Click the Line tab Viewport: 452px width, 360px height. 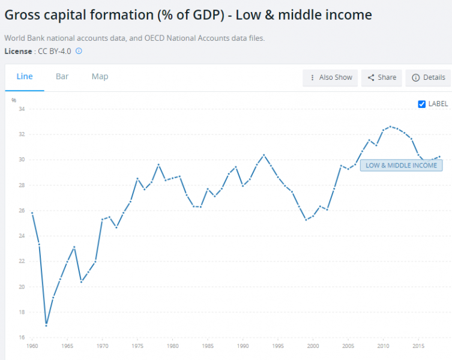tap(25, 76)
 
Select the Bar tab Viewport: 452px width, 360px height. tap(62, 76)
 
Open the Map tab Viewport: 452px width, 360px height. tap(100, 76)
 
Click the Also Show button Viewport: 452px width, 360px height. tap(330, 77)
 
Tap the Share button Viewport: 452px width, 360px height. tap(382, 77)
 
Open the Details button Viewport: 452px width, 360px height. tap(429, 77)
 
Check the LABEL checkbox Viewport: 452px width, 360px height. tap(422, 104)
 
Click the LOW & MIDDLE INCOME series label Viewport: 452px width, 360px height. tap(401, 165)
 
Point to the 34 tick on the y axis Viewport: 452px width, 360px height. tap(22, 109)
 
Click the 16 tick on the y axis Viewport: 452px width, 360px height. tap(22, 337)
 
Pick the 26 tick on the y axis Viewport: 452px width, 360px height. tap(22, 211)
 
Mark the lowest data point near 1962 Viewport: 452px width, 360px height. tap(46, 325)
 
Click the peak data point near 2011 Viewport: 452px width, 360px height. tap(391, 127)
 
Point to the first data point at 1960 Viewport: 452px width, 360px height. tap(32, 213)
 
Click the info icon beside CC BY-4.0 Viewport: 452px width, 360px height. tap(79, 51)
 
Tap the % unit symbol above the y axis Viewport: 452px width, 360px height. tap(14, 100)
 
